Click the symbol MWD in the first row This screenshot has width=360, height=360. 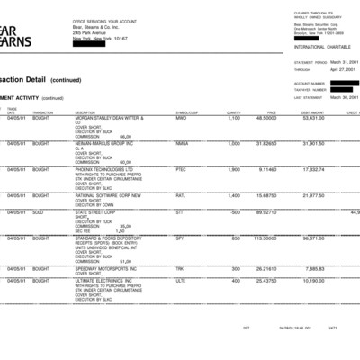tap(181, 118)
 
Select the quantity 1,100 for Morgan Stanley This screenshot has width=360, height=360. tap(234, 118)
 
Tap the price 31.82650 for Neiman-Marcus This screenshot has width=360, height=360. tap(266, 143)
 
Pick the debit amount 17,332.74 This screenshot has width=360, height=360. tap(313, 168)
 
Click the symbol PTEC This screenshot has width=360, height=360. tap(181, 168)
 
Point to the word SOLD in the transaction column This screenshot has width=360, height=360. tap(40, 211)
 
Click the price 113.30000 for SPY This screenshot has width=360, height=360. tap(265, 238)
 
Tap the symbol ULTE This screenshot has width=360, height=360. tap(181, 279)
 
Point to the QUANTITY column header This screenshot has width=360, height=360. tap(234, 112)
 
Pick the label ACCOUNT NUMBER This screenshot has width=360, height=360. tap(308, 83)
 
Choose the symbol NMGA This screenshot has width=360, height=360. tap(182, 143)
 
